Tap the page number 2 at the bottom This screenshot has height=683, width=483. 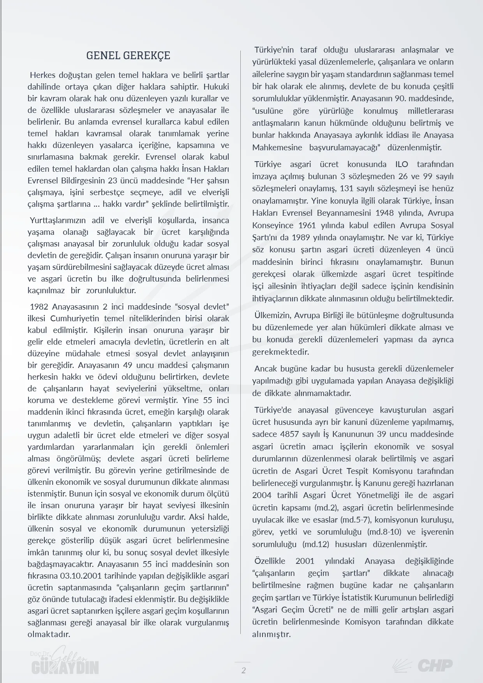tap(244, 670)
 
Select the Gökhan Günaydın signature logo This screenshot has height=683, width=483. tap(65, 662)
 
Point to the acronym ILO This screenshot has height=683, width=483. tap(402, 164)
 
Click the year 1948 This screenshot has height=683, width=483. tap(387, 213)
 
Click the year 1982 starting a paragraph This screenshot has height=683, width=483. tap(39, 306)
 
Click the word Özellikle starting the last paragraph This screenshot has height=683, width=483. tap(270, 561)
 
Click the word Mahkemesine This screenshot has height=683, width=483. tap(277, 148)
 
